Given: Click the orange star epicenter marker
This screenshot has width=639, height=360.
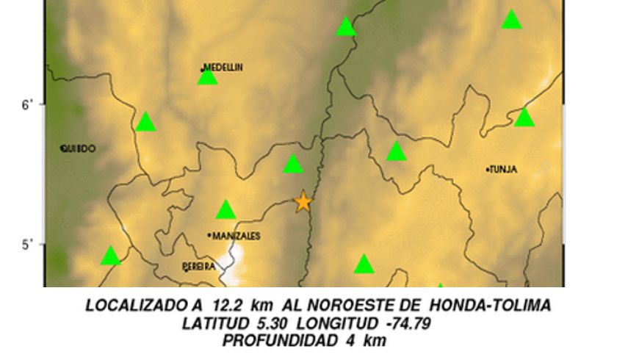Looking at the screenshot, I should [x=303, y=201].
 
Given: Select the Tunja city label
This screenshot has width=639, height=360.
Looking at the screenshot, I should [x=502, y=170].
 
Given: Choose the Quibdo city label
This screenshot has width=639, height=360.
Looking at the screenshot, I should [x=79, y=148].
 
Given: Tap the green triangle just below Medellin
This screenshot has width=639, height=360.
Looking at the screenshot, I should [x=208, y=76].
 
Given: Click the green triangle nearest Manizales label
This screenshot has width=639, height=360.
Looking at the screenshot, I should [x=226, y=211].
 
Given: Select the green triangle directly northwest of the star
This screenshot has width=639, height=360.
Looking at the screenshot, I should [x=293, y=165].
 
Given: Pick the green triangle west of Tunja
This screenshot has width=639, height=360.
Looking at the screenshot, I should [x=397, y=151].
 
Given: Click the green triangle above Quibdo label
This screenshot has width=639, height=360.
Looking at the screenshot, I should [x=146, y=122].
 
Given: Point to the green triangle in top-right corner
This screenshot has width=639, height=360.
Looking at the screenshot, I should [x=512, y=20].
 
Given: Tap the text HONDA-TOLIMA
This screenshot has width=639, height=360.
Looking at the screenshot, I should [x=490, y=306].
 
